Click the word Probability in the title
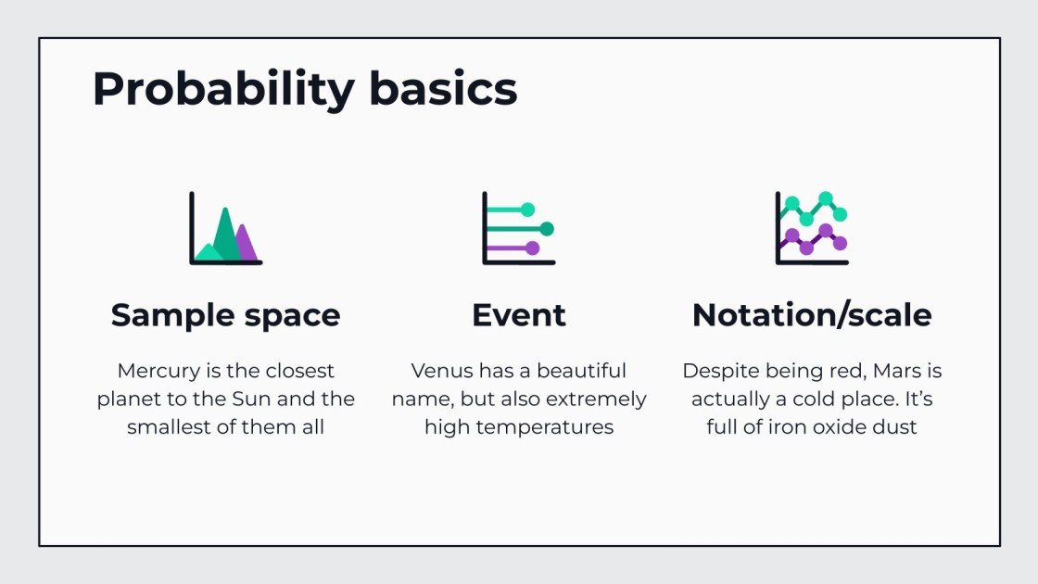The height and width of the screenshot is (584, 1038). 223,90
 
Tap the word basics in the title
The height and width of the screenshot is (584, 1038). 443,90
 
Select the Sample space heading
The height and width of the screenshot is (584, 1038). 225,315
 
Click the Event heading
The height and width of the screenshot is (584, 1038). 519,315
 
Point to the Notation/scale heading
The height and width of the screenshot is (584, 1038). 812,315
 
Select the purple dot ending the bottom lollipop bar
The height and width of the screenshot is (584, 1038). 532,248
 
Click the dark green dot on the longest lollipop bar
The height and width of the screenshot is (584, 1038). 547,228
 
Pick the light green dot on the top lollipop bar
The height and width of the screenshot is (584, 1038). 528,209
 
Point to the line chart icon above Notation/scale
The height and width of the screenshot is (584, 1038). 812,228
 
